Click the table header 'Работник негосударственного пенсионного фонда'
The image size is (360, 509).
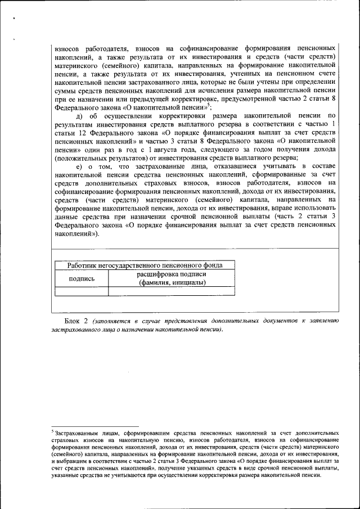click(x=145, y=265)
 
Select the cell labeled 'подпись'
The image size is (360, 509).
click(x=82, y=278)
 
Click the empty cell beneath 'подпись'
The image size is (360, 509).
click(x=82, y=291)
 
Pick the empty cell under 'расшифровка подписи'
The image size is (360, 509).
click(x=172, y=291)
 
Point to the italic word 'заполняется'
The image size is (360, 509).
click(x=114, y=321)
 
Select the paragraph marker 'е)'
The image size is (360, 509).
click(x=80, y=166)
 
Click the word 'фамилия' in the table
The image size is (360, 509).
click(x=155, y=282)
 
